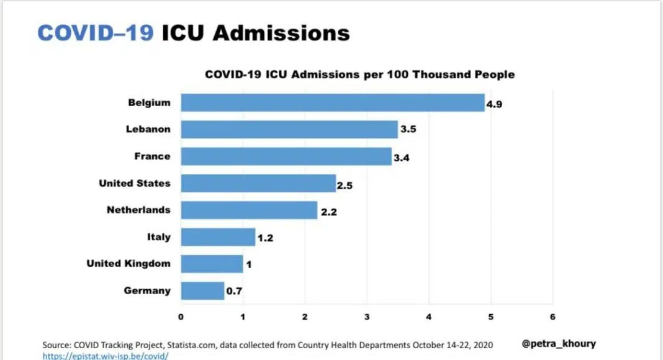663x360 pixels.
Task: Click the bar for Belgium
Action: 332,103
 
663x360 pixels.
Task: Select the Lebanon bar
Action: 289,130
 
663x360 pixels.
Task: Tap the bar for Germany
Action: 202,290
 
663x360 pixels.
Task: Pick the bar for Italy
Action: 218,237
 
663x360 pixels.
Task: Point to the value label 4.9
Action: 494,104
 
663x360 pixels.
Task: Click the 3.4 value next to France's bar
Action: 402,158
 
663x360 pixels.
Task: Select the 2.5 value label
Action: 345,185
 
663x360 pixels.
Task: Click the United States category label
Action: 134,183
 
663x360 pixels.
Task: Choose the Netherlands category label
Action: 138,210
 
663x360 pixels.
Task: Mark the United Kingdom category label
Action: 128,264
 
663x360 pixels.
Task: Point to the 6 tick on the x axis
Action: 552,317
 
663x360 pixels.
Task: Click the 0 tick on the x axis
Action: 181,317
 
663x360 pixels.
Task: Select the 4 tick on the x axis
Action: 428,317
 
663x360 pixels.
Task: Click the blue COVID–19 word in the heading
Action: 96,33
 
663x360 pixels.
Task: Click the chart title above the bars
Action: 359,74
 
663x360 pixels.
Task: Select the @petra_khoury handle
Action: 559,343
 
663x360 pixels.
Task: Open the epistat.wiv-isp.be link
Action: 105,356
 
